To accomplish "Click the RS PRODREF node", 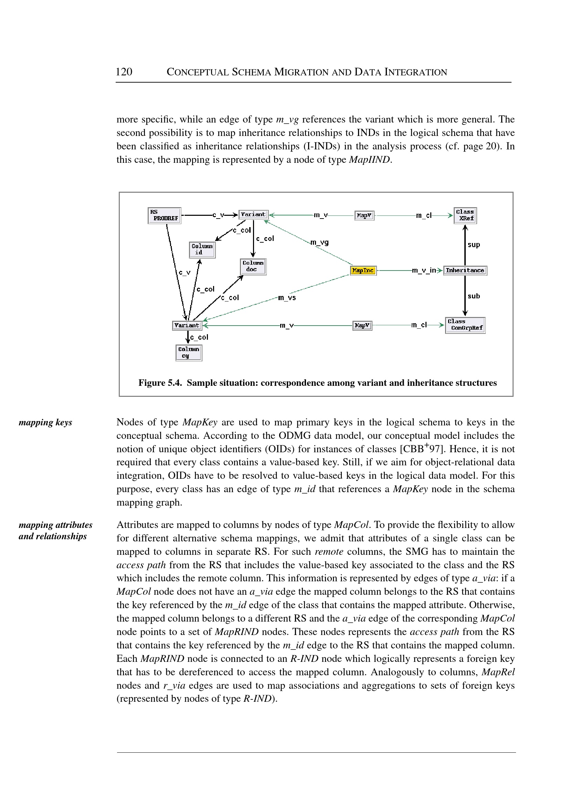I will pyautogui.click(x=164, y=215).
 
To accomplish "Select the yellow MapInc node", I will pyautogui.click(x=363, y=271).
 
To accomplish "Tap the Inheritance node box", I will pyautogui.click(x=465, y=271).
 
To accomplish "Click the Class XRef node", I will pyautogui.click(x=465, y=215).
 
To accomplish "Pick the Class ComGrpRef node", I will pyautogui.click(x=465, y=325).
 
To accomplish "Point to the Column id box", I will pyautogui.click(x=202, y=250).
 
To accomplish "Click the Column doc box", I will pyautogui.click(x=253, y=266).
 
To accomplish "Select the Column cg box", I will pyautogui.click(x=189, y=352).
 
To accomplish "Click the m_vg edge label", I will pyautogui.click(x=319, y=242).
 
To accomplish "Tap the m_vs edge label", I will pyautogui.click(x=287, y=298).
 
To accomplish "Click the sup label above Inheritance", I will pyautogui.click(x=474, y=244).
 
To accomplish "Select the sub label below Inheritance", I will pyautogui.click(x=474, y=296).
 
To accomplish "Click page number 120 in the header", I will pyautogui.click(x=124, y=72).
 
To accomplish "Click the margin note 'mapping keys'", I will pyautogui.click(x=45, y=422).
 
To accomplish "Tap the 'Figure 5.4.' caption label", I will pyautogui.click(x=160, y=383).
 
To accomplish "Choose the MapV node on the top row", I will pyautogui.click(x=364, y=215).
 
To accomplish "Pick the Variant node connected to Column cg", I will pyautogui.click(x=187, y=326).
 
